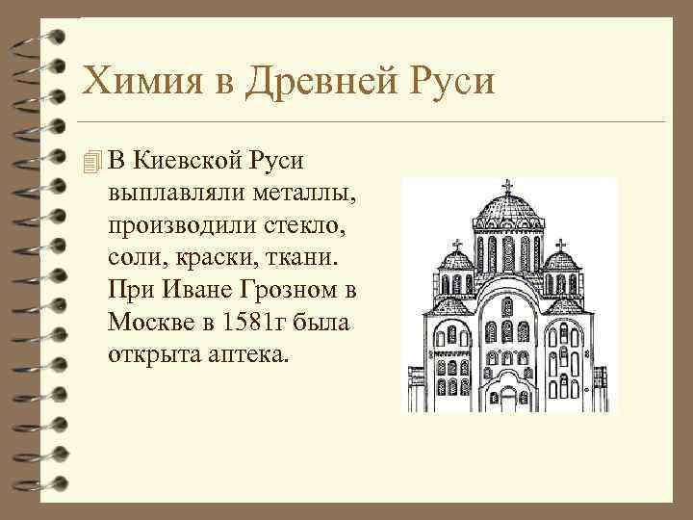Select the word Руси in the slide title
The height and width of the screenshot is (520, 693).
pos(450,82)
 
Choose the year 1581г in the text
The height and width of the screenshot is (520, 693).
pos(253,323)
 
